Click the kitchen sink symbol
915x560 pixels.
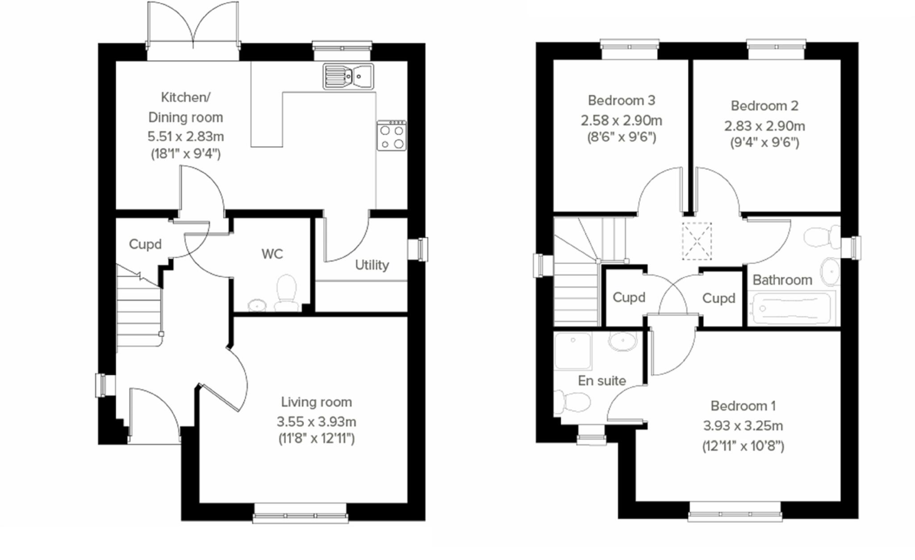348,77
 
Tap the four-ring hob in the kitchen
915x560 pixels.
391,136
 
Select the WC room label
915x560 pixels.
272,254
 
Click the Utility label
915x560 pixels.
372,265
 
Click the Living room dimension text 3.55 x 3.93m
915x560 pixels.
316,422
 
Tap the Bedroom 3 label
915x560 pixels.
621,100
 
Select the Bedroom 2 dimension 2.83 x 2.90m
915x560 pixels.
764,126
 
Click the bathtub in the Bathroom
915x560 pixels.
791,308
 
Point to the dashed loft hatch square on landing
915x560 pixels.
697,241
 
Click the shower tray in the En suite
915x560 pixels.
573,351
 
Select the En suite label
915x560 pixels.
601,381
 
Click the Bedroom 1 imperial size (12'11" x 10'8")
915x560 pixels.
743,446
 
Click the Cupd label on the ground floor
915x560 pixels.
145,244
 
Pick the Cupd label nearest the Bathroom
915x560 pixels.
718,298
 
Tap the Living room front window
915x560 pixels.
300,512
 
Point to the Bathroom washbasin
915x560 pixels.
830,271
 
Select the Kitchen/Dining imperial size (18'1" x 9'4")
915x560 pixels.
185,154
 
